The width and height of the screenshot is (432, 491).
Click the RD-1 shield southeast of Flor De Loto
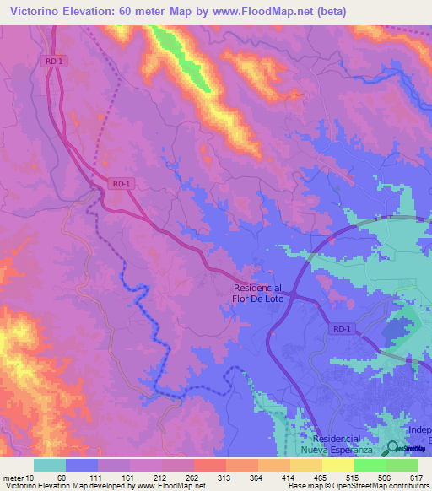pyautogui.click(x=340, y=330)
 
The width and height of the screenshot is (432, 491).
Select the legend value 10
pyautogui.click(x=30, y=477)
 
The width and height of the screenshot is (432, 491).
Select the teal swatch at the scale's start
pyautogui.click(x=49, y=465)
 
